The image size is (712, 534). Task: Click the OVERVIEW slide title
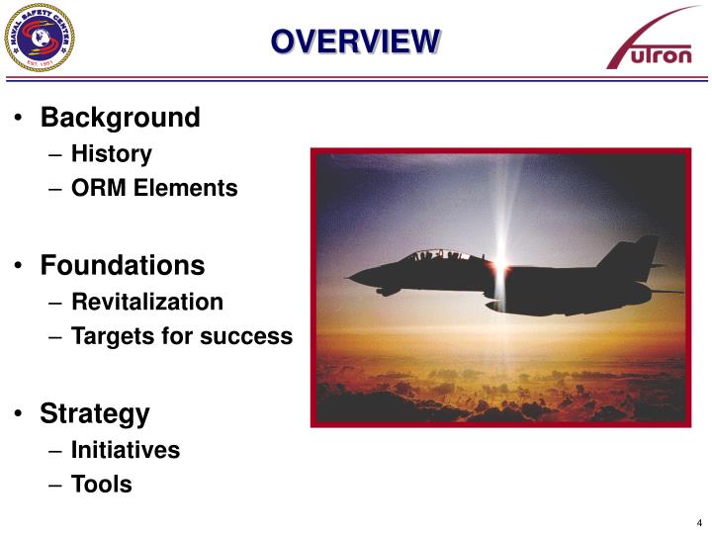tap(356, 41)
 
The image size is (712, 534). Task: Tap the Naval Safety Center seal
tap(40, 39)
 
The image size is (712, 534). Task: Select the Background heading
tap(120, 118)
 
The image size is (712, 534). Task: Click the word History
tap(112, 153)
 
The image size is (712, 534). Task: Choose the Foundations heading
tap(123, 265)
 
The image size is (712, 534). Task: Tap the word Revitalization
tap(147, 302)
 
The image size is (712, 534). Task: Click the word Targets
tap(112, 336)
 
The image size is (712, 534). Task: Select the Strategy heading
tap(95, 412)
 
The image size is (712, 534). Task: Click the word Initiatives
tap(126, 450)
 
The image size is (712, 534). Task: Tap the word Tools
tap(101, 485)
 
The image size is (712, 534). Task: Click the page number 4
tap(698, 522)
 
